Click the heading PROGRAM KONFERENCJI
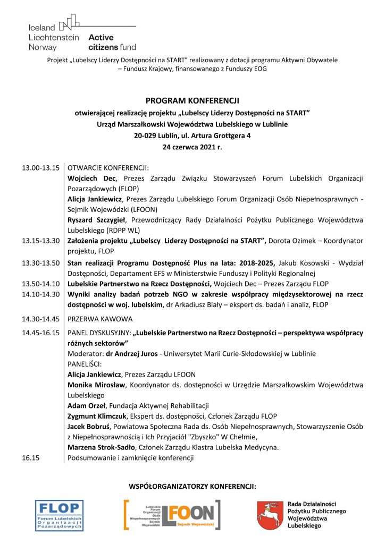tap(192, 100)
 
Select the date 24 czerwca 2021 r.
tap(192, 147)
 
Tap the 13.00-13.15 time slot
tap(40, 168)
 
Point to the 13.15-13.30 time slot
tap(40, 241)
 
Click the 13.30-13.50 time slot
tap(40, 262)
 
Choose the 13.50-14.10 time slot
tap(40, 284)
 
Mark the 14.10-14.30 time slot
tap(40, 294)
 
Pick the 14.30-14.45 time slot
tap(40, 319)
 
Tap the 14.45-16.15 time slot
tap(40, 333)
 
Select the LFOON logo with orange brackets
tap(172, 515)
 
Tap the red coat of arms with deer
tap(270, 515)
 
